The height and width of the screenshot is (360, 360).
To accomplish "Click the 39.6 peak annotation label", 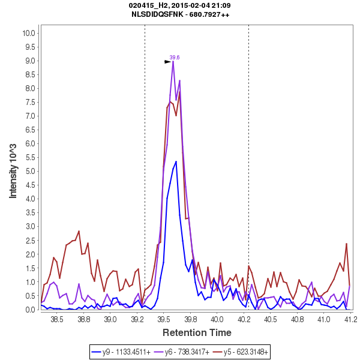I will pyautogui.click(x=175, y=57).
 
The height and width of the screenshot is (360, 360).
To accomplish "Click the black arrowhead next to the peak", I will pyautogui.click(x=168, y=61).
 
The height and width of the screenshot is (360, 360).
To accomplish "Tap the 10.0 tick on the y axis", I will pyautogui.click(x=29, y=33).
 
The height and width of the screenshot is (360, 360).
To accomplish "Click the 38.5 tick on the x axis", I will pyautogui.click(x=57, y=320).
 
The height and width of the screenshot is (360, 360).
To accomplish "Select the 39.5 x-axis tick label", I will pyautogui.click(x=164, y=320).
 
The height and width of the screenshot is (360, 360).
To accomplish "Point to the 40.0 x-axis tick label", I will pyautogui.click(x=217, y=320).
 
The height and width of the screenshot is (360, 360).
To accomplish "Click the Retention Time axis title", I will pyautogui.click(x=197, y=332).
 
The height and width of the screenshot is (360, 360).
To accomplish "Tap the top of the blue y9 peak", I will pyautogui.click(x=176, y=161).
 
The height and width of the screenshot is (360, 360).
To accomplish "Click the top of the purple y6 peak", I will pyautogui.click(x=173, y=61).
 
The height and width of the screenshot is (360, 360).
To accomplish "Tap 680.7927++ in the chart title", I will pyautogui.click(x=209, y=14).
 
